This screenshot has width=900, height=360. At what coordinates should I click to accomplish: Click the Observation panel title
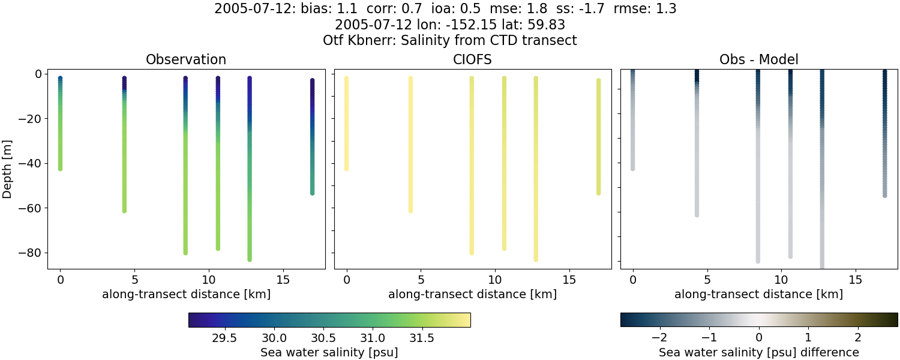pyautogui.click(x=186, y=59)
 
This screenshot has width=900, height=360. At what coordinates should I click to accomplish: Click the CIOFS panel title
pyautogui.click(x=472, y=59)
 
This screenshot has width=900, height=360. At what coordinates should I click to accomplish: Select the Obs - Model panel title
pyautogui.click(x=758, y=59)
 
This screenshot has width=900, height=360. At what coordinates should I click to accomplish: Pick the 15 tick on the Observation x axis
pyautogui.click(x=283, y=280)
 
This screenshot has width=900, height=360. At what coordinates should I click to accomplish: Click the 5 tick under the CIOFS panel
pyautogui.click(x=421, y=280)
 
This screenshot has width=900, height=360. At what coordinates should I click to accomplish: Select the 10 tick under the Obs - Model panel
pyautogui.click(x=781, y=280)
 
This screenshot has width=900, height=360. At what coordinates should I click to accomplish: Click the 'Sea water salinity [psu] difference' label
pyautogui.click(x=758, y=352)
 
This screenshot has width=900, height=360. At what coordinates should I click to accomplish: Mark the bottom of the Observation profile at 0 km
pyautogui.click(x=60, y=169)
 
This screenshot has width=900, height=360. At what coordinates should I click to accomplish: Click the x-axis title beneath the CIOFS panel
pyautogui.click(x=472, y=294)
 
